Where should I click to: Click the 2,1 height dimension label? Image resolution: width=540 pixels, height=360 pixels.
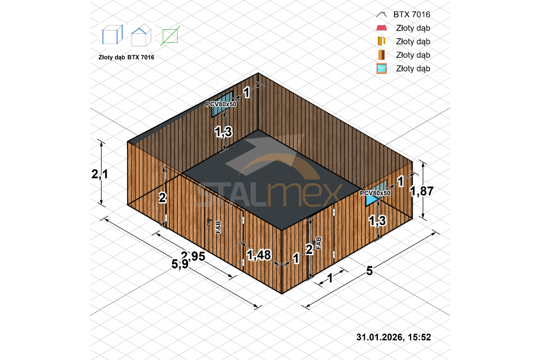pos(99,174)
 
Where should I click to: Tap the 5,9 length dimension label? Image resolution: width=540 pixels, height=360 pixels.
pos(180,264)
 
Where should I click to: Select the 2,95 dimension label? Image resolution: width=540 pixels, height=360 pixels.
pos(193,256)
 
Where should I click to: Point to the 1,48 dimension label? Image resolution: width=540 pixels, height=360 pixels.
pos(259,255)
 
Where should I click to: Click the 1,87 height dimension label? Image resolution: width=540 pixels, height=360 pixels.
pos(422,191)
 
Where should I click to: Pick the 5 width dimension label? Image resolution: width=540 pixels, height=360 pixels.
pos(369,271)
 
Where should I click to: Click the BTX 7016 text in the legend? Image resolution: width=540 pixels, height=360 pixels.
pos(412,14)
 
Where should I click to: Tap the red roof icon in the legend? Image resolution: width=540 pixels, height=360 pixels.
pos(382,28)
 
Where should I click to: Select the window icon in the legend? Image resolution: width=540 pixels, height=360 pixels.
pos(382,68)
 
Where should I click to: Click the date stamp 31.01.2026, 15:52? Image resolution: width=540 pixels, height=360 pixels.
pos(394,337)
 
